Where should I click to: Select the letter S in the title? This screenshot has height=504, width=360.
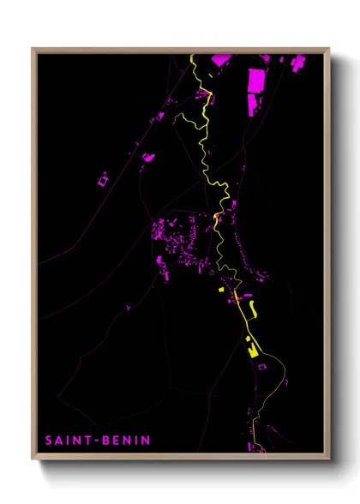(49, 441)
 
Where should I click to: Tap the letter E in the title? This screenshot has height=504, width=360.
(117, 441)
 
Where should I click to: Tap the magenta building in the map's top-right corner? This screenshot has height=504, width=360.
(298, 62)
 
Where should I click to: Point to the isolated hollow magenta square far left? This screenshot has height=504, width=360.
(103, 180)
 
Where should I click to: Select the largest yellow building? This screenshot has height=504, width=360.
(252, 350)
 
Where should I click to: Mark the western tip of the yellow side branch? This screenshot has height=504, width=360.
(175, 118)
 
